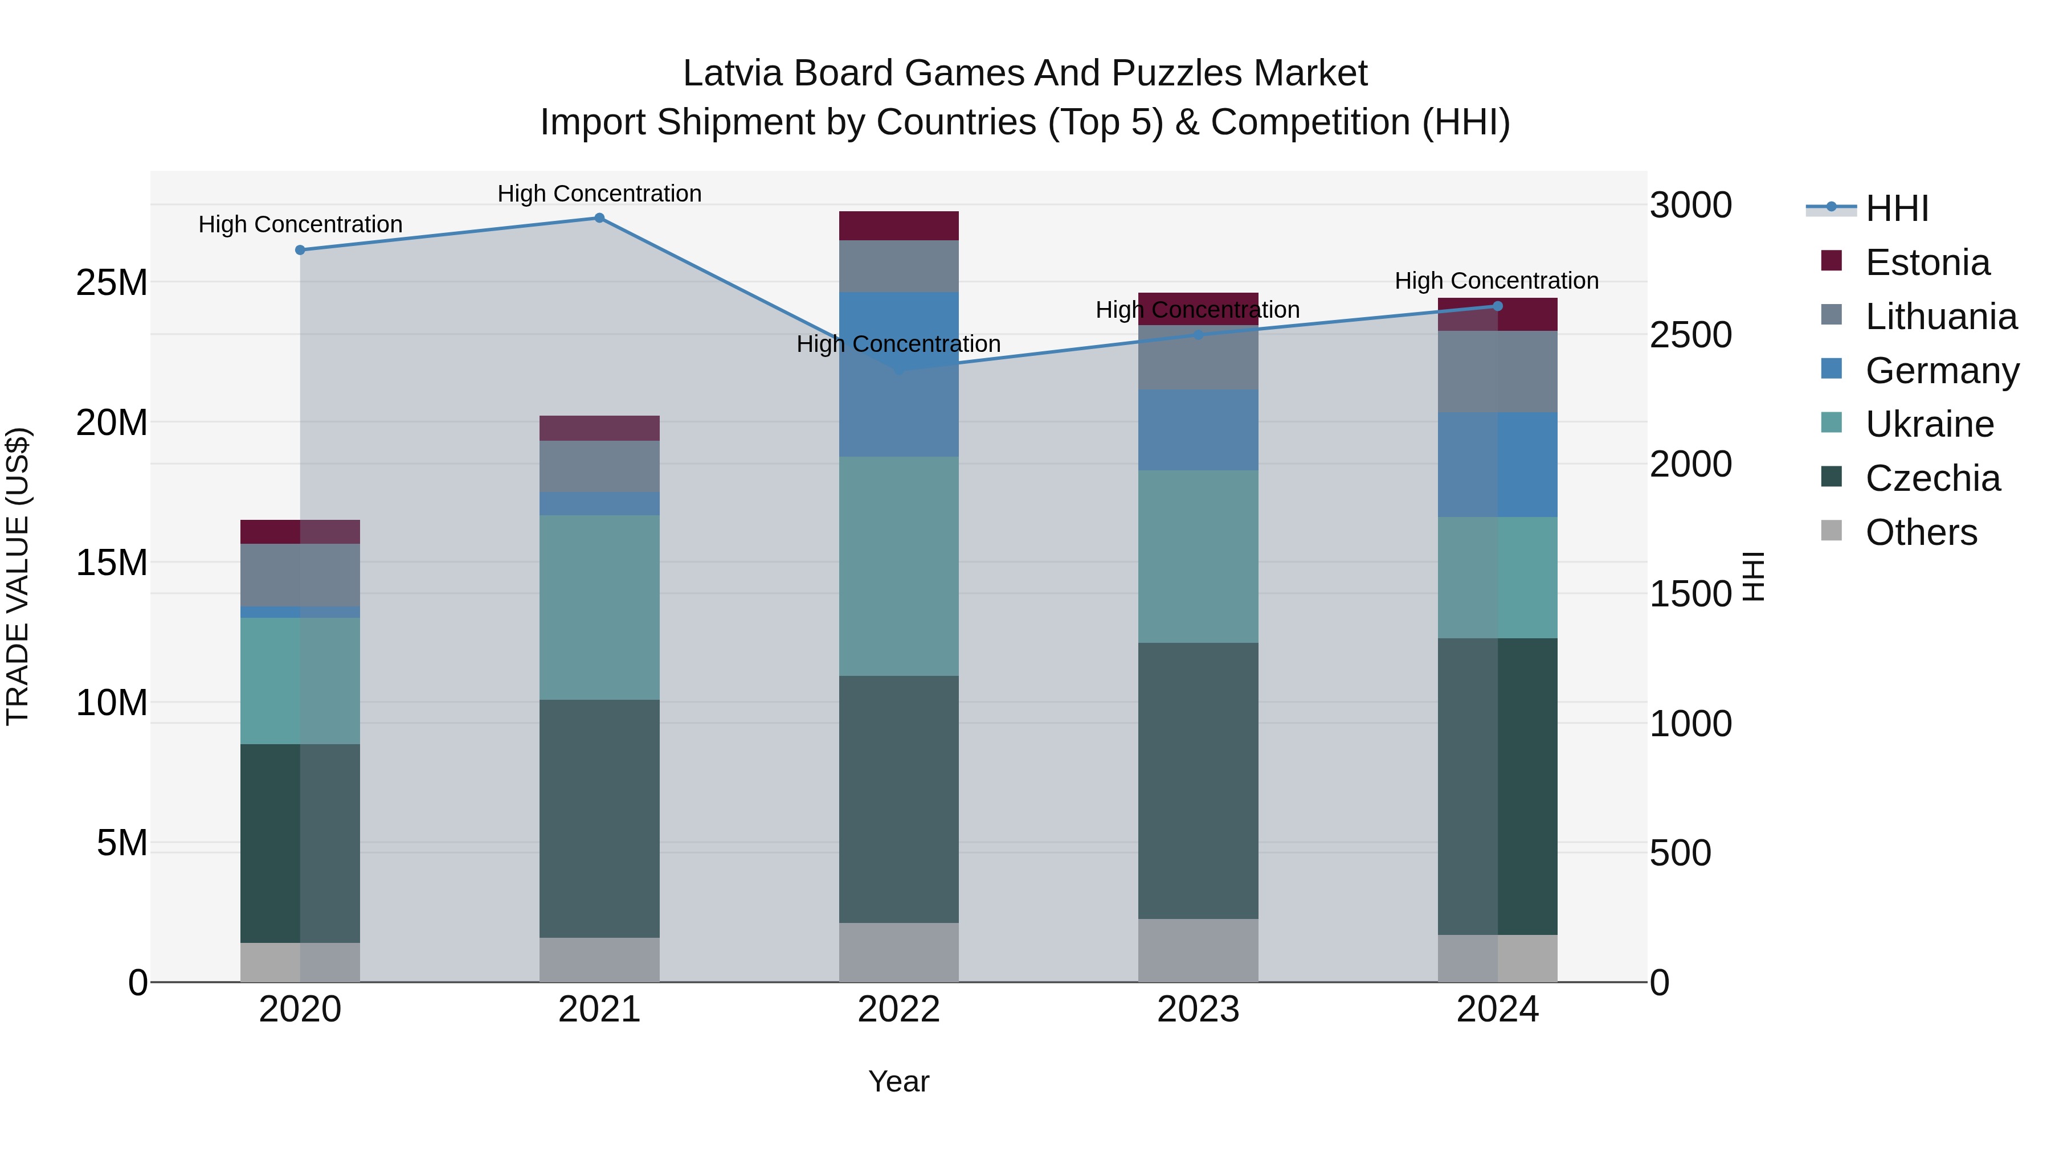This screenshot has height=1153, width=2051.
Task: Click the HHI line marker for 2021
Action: pos(599,218)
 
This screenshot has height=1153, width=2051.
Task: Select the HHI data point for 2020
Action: pos(300,250)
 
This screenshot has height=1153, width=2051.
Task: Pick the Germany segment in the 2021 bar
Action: pos(599,504)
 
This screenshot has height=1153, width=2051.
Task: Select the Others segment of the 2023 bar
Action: pos(1198,950)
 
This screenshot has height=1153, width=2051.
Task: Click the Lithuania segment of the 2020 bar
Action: pos(300,575)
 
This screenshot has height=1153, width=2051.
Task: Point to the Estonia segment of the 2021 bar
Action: pos(599,428)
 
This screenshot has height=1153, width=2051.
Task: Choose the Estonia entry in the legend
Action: pos(1927,262)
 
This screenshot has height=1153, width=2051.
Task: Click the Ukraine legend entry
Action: pos(1929,424)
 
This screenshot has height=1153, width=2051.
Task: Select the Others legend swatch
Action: pos(1832,531)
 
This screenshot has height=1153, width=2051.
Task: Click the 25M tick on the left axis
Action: pos(112,282)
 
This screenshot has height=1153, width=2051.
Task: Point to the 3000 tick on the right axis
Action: pos(1690,206)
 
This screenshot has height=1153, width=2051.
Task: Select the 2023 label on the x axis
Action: pos(1198,1010)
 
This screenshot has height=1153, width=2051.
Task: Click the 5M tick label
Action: pos(122,843)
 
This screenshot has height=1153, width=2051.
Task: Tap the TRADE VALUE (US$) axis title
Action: pos(18,576)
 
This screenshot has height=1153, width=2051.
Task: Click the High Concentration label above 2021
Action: pos(599,194)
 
